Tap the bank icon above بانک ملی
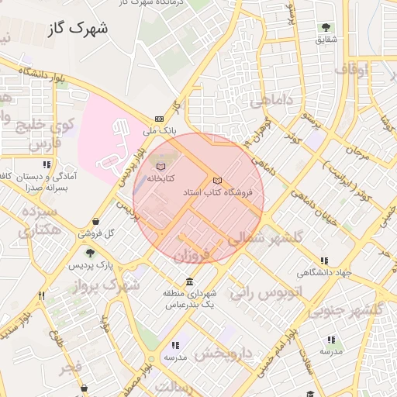pos(159,119)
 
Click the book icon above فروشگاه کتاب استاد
pos(217,180)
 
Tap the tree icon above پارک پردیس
pos(91,253)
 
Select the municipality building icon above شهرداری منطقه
pos(189,281)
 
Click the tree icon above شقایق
pos(325,27)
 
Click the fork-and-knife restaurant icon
pos(42,295)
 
